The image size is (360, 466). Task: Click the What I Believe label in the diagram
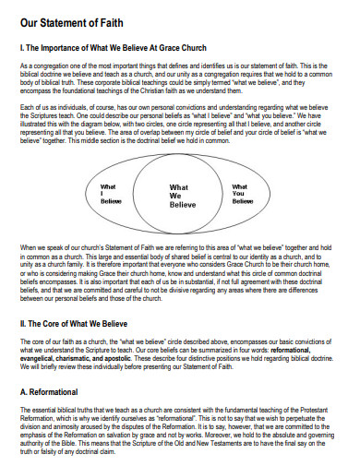[x=111, y=193]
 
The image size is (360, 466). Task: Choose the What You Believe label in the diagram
[x=242, y=193]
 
